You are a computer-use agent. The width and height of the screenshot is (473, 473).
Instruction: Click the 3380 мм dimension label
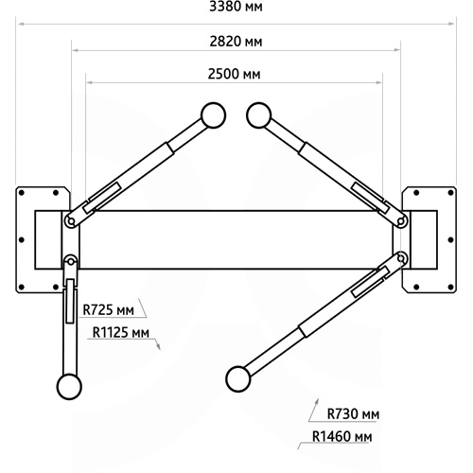pos(236,7)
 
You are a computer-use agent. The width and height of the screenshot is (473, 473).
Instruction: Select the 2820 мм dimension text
pos(236,42)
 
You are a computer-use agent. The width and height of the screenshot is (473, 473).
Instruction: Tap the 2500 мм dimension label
pos(234,74)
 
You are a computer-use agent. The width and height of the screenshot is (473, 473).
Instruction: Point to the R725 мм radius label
pos(108,310)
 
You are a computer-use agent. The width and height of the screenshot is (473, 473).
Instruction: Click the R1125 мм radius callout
pos(121,332)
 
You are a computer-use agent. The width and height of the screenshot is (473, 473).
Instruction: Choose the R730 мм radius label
pos(353,413)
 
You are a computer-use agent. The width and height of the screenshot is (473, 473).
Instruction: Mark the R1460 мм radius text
pos(342,436)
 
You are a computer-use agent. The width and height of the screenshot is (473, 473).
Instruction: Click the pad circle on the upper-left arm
pos(213,115)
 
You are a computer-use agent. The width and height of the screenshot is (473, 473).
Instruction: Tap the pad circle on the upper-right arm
pos(259,115)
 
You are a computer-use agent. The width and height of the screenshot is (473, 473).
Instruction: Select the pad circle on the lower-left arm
pos(69,387)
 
